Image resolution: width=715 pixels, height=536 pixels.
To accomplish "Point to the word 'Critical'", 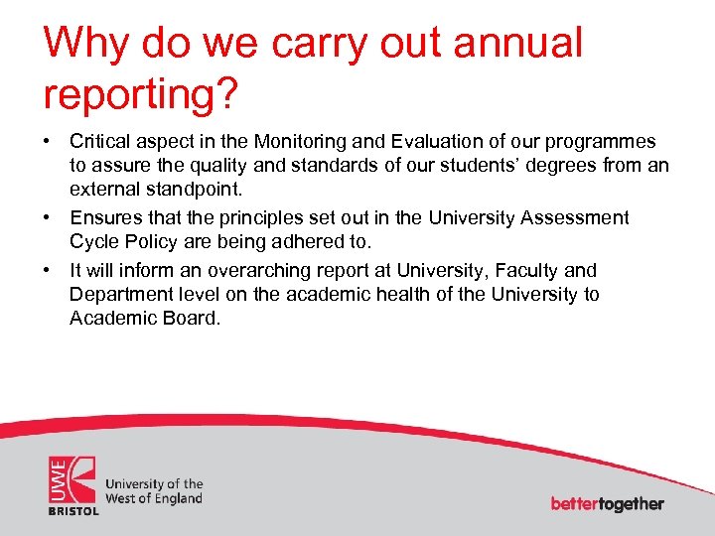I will click(x=100, y=142).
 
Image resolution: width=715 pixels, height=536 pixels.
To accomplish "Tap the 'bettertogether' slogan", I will click(x=607, y=503).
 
